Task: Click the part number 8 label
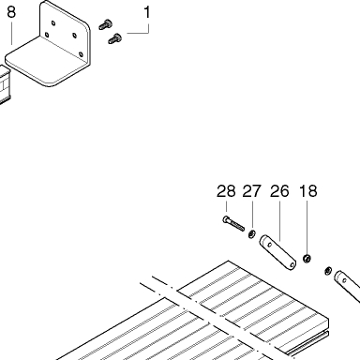(11, 12)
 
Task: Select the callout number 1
(147, 12)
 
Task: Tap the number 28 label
(226, 191)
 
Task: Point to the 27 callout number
(251, 191)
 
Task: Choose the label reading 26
(279, 191)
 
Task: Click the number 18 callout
(308, 191)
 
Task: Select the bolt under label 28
(233, 223)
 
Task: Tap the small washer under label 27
(252, 233)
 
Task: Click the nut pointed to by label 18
(307, 259)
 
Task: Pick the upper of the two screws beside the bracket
(106, 24)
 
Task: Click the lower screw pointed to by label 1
(115, 38)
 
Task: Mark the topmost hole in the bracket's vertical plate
(53, 22)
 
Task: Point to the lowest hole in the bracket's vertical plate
(82, 54)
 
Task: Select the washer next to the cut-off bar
(328, 271)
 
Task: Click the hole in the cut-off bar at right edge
(344, 280)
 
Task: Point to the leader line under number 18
(307, 228)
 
